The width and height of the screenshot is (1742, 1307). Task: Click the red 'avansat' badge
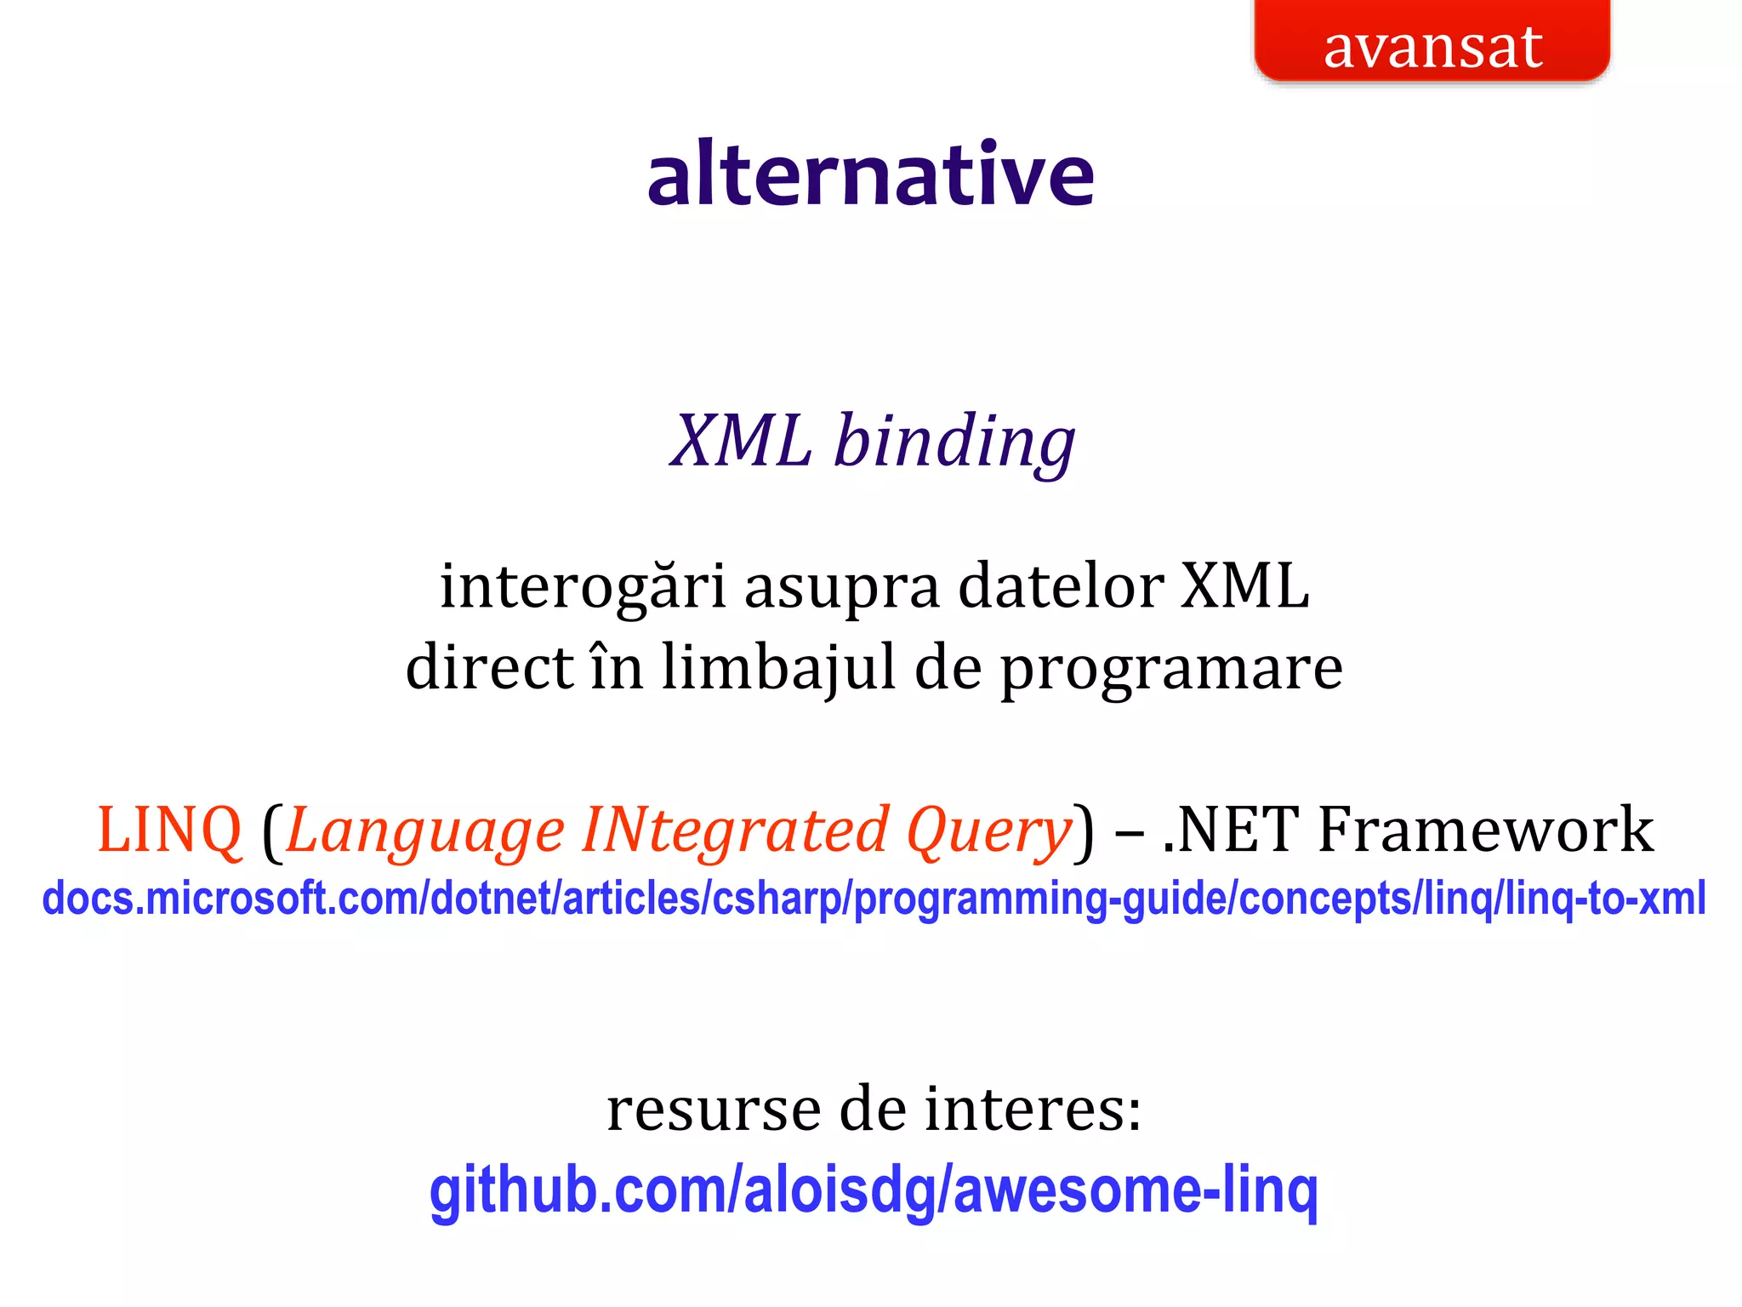[x=1432, y=43]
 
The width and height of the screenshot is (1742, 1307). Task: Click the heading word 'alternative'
[x=871, y=174]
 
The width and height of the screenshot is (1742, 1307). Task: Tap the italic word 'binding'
[x=954, y=442]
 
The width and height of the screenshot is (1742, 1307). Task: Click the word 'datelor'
[x=1061, y=587]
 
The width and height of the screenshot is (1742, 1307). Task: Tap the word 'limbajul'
[x=778, y=668]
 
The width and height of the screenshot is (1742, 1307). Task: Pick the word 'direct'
[x=490, y=667]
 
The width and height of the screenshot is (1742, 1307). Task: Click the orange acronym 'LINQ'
[x=170, y=830]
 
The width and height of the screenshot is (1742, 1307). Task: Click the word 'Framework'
[x=1485, y=830]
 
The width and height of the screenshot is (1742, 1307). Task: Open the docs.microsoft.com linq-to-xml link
[x=874, y=899]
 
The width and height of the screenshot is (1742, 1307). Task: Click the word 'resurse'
[x=714, y=1110]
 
